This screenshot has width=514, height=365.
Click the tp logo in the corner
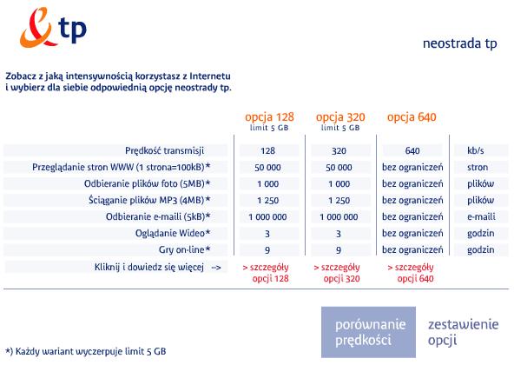click(53, 28)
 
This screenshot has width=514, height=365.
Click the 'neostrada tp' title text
click(459, 43)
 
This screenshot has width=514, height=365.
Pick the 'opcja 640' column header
click(412, 116)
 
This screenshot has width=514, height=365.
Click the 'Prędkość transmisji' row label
click(165, 150)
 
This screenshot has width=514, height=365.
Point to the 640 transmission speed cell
click(412, 150)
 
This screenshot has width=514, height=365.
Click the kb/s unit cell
click(476, 150)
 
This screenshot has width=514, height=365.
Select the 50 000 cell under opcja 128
click(267, 168)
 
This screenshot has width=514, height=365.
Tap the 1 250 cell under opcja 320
click(339, 200)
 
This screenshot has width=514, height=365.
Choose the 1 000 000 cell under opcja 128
click(267, 216)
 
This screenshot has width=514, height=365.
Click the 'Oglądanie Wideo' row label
click(173, 233)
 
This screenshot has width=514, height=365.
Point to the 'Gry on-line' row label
click(184, 249)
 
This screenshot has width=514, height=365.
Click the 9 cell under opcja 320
click(339, 250)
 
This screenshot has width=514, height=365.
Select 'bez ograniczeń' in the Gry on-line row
click(412, 249)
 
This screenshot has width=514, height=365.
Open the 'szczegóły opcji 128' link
click(266, 273)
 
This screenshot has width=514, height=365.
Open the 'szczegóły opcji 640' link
click(411, 273)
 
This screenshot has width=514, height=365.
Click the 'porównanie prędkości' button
click(368, 332)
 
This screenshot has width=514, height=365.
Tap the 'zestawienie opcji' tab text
click(463, 332)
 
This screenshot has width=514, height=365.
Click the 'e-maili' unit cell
click(481, 216)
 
